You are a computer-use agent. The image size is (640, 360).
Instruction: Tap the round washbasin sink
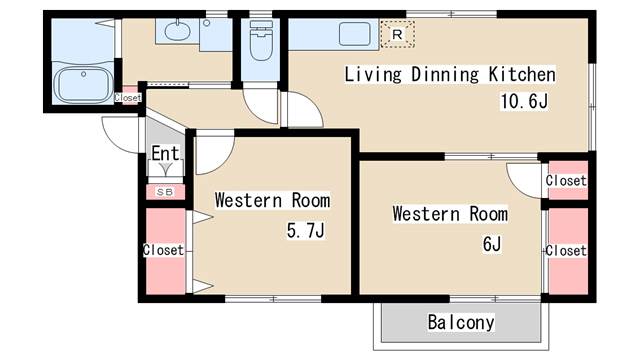click(177, 31)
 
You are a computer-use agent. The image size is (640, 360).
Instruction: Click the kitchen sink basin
click(355, 34)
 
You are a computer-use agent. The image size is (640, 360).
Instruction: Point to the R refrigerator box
click(397, 34)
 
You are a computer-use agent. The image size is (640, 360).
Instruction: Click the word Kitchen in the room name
click(522, 74)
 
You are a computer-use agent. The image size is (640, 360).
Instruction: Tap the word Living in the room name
click(372, 74)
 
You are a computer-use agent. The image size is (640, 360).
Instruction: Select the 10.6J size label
click(526, 100)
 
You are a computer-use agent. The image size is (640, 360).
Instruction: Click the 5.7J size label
click(306, 230)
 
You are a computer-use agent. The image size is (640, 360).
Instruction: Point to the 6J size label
click(491, 243)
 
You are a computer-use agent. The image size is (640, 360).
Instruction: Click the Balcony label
click(461, 322)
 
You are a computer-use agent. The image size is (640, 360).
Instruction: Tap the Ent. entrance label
click(165, 154)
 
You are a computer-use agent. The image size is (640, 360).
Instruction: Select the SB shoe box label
click(165, 191)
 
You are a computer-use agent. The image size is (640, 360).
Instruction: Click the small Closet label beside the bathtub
click(128, 98)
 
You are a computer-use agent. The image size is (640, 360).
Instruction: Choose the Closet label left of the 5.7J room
click(163, 249)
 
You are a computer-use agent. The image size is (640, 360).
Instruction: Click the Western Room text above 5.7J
click(272, 200)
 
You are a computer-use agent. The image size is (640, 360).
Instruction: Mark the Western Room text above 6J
click(450, 214)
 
